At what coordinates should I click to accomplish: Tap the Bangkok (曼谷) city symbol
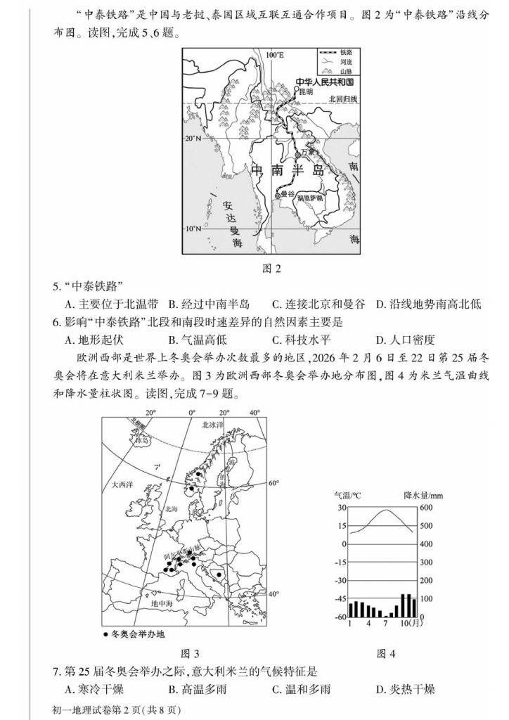click(x=278, y=193)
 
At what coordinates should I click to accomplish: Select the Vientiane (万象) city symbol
click(x=297, y=153)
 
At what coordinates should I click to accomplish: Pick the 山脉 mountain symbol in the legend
click(x=327, y=71)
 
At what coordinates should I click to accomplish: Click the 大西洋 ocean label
click(x=122, y=484)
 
